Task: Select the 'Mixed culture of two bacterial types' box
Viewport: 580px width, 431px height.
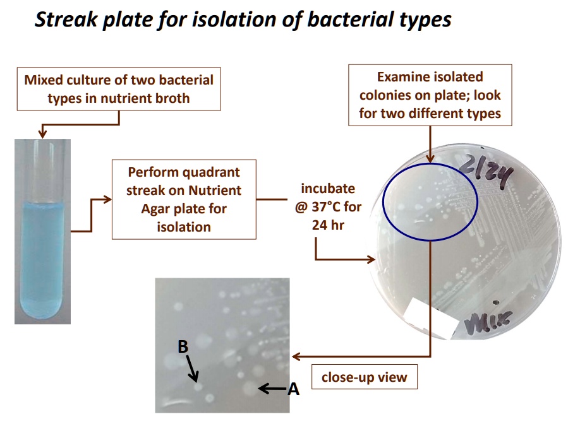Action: click(x=119, y=89)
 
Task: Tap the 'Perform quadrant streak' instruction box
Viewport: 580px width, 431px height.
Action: click(x=184, y=199)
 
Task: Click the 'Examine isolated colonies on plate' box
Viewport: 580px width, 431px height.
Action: click(x=430, y=95)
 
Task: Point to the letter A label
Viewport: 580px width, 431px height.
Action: click(x=293, y=389)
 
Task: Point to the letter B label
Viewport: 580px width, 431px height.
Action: click(x=183, y=346)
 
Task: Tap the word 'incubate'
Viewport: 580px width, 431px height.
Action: click(x=328, y=189)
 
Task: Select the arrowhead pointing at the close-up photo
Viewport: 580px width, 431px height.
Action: click(x=296, y=357)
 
